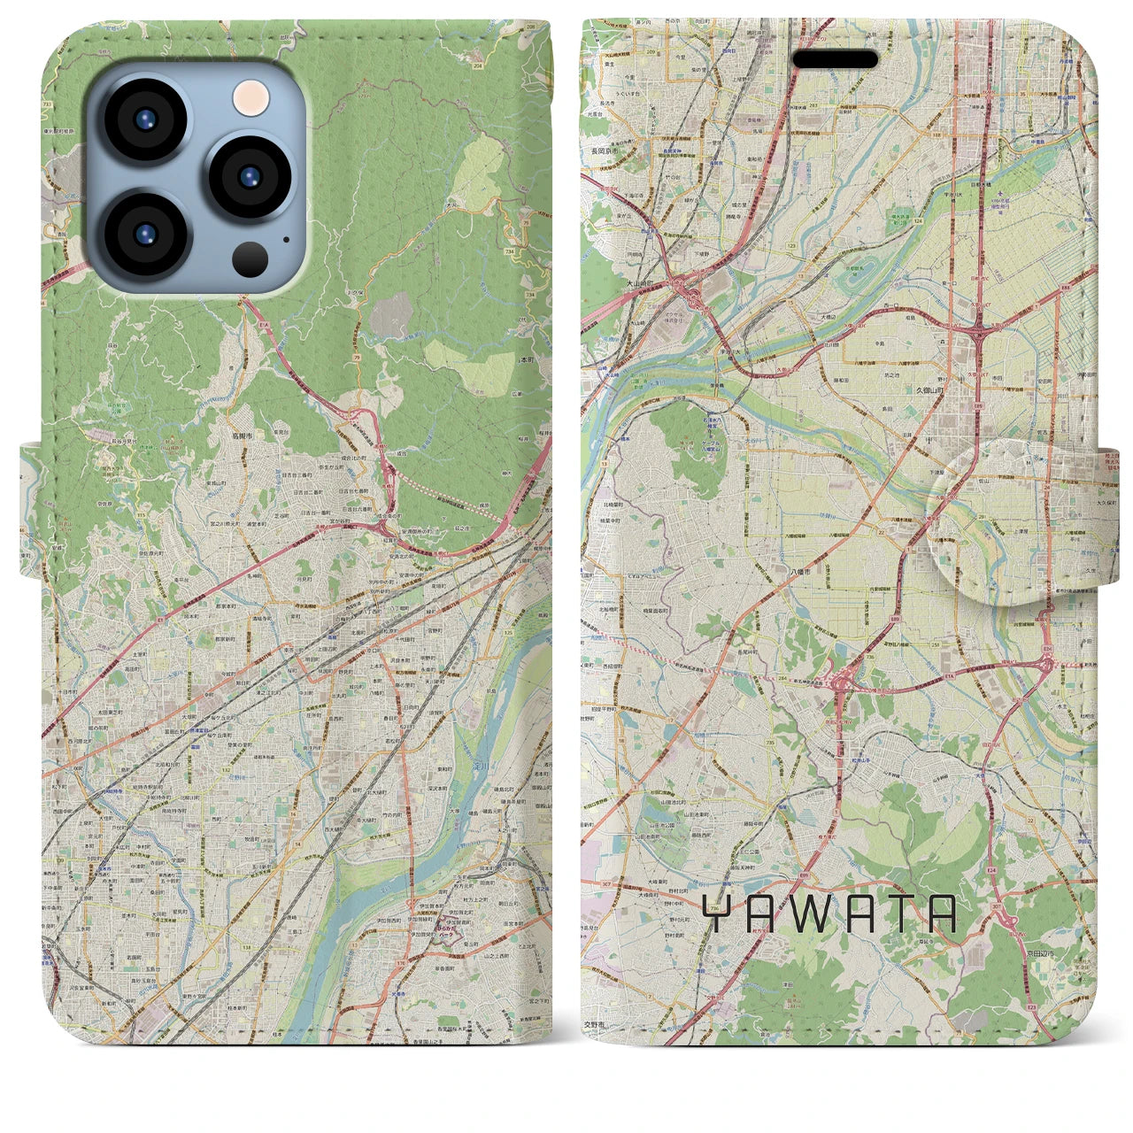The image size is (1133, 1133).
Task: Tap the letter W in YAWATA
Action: (x=816, y=914)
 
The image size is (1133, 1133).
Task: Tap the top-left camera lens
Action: (x=145, y=120)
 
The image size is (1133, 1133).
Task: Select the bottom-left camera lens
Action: (x=145, y=234)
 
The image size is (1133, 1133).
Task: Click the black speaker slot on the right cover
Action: (x=835, y=59)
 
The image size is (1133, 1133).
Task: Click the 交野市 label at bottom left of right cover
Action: (x=593, y=1024)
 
